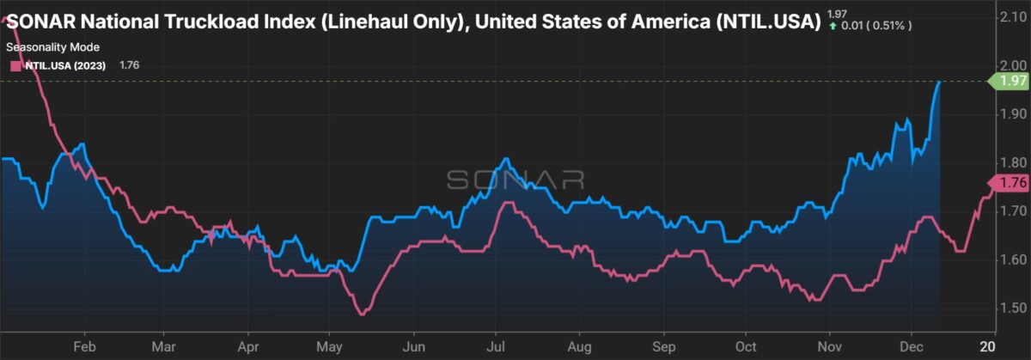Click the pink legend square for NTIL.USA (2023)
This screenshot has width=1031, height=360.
coord(13,64)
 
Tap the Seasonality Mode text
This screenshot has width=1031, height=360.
coord(50,48)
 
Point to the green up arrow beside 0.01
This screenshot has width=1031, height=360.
coord(833,25)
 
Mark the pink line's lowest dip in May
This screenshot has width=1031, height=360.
coord(362,314)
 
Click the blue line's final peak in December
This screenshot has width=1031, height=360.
coord(939,82)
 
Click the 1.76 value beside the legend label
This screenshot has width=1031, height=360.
coord(124,64)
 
